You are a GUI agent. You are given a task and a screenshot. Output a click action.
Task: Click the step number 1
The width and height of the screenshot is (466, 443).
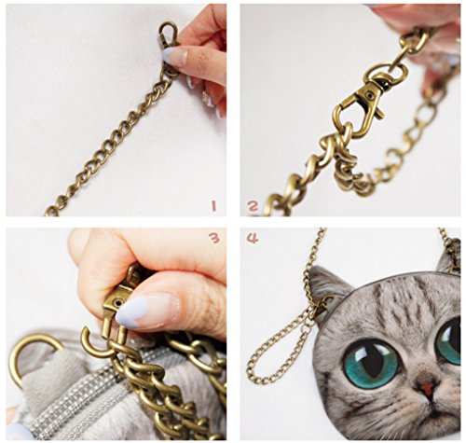tap(213, 206)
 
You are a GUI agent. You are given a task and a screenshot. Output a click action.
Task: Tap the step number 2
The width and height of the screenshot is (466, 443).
tap(253, 206)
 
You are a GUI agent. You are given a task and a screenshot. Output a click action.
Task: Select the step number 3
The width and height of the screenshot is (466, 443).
tap(214, 239)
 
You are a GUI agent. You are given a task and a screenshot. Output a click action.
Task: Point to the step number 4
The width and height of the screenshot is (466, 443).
tap(253, 239)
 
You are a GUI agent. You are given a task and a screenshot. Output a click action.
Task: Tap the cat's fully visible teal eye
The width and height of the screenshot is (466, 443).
tap(371, 363)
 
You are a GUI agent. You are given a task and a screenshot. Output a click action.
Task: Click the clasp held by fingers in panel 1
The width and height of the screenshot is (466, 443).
tap(169, 35)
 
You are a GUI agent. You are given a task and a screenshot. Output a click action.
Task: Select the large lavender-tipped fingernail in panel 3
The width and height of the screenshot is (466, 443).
tap(146, 311)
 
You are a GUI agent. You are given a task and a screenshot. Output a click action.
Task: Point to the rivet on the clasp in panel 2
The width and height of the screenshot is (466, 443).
tap(369, 93)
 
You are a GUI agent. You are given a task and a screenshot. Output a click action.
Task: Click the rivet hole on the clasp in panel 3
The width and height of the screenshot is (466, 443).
tap(117, 302)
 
